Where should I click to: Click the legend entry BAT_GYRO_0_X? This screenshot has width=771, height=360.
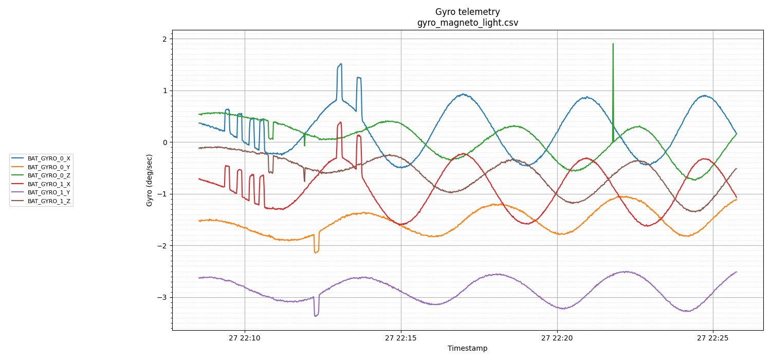49,159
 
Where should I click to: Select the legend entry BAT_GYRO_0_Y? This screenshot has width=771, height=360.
49,167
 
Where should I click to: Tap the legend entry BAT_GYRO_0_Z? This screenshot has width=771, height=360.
49,175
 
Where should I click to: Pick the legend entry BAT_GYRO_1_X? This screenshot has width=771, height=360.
49,184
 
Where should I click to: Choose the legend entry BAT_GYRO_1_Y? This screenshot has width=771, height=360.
49,192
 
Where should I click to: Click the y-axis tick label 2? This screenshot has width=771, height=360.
164,39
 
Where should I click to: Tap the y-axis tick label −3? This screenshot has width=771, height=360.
162,297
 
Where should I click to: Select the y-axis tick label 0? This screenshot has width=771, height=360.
164,142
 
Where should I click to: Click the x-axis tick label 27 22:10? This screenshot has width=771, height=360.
245,338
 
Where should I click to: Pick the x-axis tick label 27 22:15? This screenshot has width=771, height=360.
401,338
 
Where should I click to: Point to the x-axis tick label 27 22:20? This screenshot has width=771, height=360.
557,338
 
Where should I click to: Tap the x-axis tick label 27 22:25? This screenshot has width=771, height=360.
713,338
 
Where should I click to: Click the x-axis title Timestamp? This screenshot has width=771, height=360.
467,348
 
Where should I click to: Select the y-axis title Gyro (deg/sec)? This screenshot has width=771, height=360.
150,180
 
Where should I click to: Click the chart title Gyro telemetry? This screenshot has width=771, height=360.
467,12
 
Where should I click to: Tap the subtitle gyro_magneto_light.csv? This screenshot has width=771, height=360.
467,23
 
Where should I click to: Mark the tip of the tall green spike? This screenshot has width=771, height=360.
613,44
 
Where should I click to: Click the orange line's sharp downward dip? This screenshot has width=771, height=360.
316,252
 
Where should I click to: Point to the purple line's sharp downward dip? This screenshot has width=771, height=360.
316,315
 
